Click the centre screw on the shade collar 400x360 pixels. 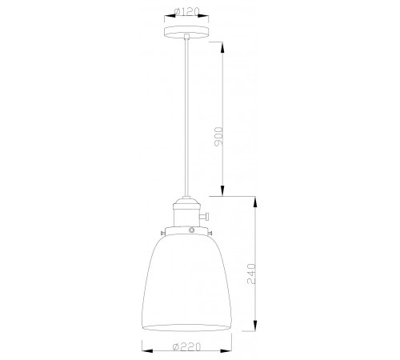click(190, 230)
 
